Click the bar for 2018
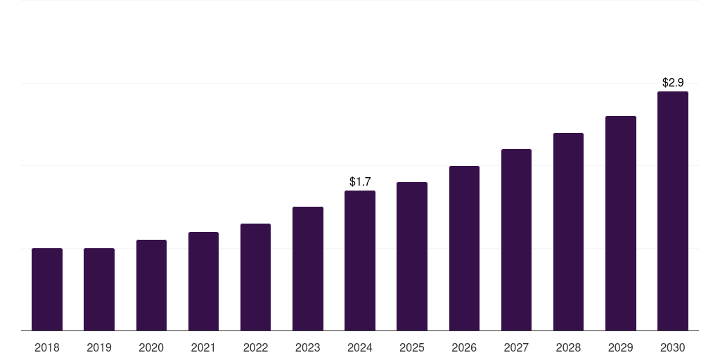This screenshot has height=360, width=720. click(x=47, y=289)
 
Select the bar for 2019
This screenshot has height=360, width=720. click(x=99, y=289)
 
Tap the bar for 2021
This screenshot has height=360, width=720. click(x=203, y=281)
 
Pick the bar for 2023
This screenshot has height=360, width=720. click(x=308, y=269)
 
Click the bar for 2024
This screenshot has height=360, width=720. click(x=360, y=260)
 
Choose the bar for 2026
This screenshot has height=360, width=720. click(x=464, y=248)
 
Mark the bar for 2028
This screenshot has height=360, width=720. click(x=568, y=231)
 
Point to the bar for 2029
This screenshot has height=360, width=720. click(x=621, y=223)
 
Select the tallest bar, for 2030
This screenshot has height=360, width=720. click(x=673, y=211)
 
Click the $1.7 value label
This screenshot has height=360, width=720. click(x=360, y=182)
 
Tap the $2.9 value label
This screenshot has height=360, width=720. click(x=673, y=83)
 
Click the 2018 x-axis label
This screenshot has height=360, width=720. click(x=47, y=347)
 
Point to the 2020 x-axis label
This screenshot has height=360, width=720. click(x=151, y=347)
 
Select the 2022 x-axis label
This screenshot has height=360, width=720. click(x=255, y=347)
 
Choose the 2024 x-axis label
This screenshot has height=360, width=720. click(x=360, y=347)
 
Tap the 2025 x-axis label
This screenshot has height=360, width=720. click(x=412, y=347)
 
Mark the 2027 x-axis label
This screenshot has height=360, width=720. click(x=516, y=347)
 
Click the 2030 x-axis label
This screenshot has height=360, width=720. click(x=673, y=347)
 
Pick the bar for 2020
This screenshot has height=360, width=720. click(x=151, y=285)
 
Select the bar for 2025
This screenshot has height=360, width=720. click(x=412, y=256)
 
